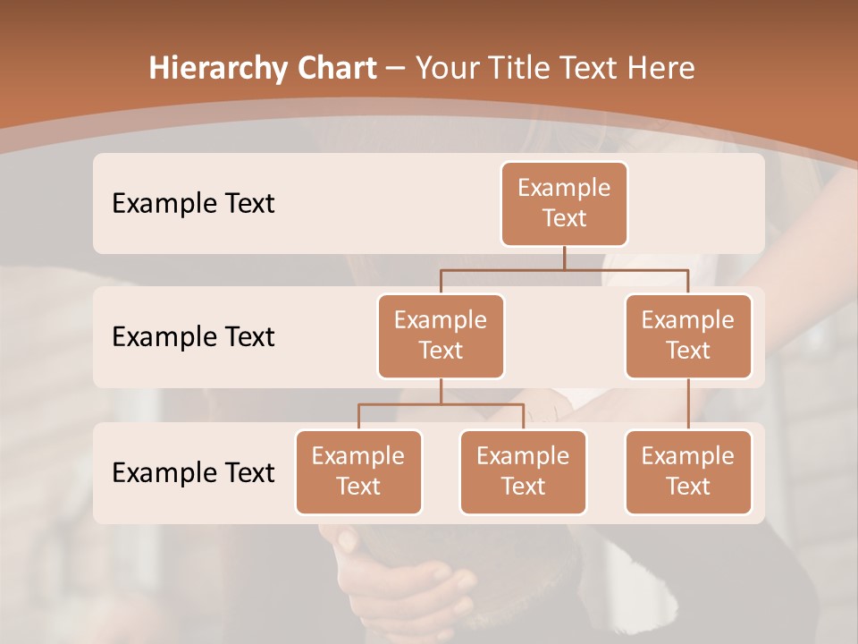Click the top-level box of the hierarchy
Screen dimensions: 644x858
pos(564,204)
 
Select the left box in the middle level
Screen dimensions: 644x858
pos(441,336)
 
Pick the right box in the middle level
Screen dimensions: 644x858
pos(688,336)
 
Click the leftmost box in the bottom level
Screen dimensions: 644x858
pos(358,472)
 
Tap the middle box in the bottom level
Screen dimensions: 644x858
pos(523,472)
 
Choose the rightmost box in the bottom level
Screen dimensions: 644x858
pos(688,472)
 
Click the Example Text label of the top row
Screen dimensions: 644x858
pos(193,204)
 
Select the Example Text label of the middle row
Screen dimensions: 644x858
pos(193,337)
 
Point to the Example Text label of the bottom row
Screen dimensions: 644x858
pos(193,472)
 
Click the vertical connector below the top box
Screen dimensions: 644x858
pos(564,258)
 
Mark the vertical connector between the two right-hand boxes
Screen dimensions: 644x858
pos(688,404)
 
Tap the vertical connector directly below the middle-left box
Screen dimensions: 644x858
pos(441,392)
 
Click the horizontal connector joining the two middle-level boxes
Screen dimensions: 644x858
pos(564,269)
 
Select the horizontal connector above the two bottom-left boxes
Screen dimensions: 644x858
pos(441,404)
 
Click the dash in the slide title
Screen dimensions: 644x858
pos(396,69)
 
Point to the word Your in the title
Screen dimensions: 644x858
pos(445,68)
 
